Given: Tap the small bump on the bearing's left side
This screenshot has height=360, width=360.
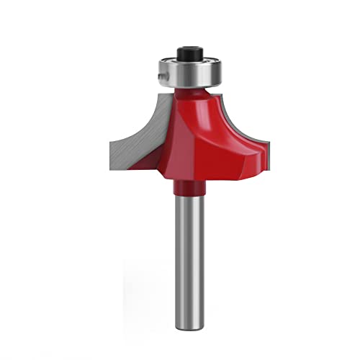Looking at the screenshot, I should point(156,73).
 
